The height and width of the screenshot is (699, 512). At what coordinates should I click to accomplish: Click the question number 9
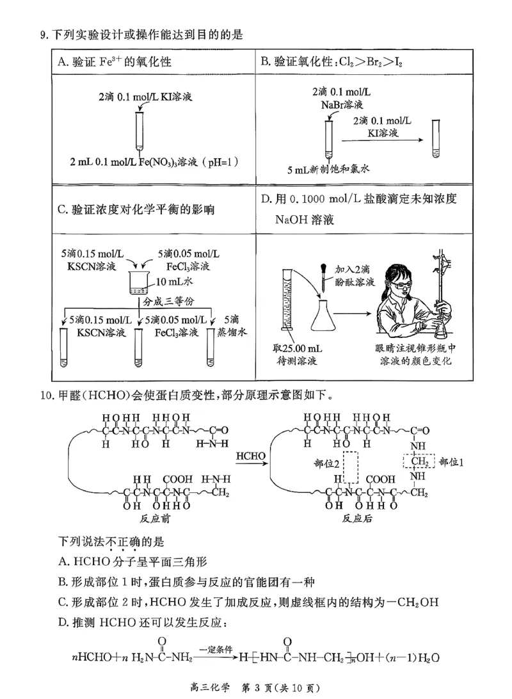pyautogui.click(x=43, y=34)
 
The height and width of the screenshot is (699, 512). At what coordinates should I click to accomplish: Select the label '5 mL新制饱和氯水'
pyautogui.click(x=330, y=169)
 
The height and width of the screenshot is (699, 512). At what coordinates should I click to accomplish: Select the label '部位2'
pyautogui.click(x=326, y=463)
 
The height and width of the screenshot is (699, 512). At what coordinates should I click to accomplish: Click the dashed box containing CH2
pyautogui.click(x=419, y=461)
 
